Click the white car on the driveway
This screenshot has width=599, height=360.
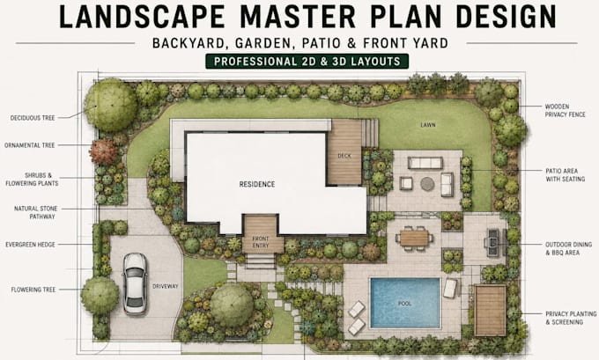click(135, 283)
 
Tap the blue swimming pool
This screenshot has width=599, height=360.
click(405, 303)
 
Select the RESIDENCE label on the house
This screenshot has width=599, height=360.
click(257, 184)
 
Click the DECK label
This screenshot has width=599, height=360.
click(344, 156)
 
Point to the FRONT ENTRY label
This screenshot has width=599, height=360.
click(261, 242)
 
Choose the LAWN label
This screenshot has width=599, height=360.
click(428, 125)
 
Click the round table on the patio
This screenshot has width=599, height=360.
click(427, 184)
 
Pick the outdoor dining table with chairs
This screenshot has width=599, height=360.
click(415, 239)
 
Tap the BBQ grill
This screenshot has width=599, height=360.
click(494, 242)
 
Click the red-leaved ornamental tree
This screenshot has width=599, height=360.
click(104, 151)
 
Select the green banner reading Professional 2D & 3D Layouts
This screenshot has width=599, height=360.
click(307, 62)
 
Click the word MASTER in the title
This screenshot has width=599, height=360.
click(298, 17)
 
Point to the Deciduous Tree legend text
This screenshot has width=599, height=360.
click(33, 118)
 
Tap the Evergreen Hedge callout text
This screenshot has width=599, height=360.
click(30, 245)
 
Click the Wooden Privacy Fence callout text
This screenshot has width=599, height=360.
click(565, 110)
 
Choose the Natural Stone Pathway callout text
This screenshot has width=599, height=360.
click(36, 213)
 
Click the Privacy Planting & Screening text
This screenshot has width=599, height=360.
click(571, 318)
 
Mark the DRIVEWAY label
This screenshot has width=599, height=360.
click(166, 286)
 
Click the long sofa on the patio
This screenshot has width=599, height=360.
click(425, 163)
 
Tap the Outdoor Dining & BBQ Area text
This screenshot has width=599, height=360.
click(568, 248)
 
